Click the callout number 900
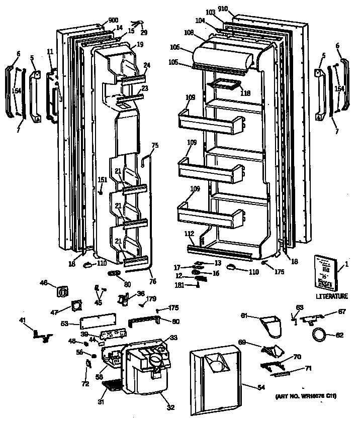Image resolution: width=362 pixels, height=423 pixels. [x=113, y=20]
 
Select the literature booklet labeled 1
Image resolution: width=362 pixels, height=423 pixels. [x=326, y=272]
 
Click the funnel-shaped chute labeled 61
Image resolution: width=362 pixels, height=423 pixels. [x=273, y=324]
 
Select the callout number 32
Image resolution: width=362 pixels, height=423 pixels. [x=170, y=407]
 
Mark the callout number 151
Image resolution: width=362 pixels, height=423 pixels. [x=102, y=180]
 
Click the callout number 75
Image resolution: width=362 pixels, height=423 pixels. [x=155, y=145]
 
